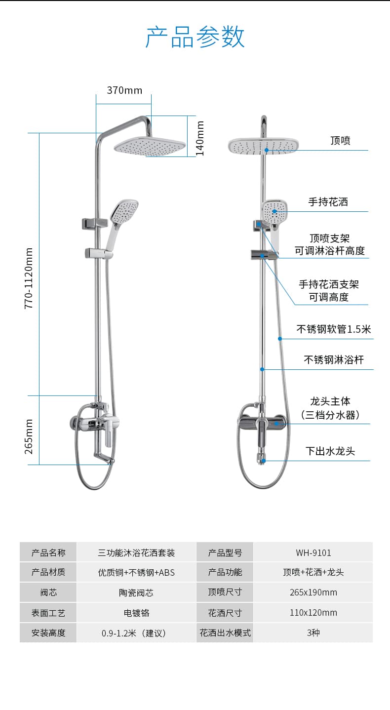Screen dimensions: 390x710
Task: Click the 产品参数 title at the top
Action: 195,37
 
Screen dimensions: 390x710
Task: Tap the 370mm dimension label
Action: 124,90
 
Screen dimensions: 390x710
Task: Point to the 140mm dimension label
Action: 200,139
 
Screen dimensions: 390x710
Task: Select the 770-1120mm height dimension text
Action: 29,278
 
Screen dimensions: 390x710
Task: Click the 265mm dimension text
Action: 29,436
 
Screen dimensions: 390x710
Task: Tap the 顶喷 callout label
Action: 340,140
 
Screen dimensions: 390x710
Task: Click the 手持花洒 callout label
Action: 328,202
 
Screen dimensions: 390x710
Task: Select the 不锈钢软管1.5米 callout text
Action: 334,329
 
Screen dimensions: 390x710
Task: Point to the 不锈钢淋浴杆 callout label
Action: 334,360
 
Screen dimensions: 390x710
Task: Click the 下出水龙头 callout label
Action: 330,451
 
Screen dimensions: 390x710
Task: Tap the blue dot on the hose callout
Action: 280,339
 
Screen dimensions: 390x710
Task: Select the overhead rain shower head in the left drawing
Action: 150,146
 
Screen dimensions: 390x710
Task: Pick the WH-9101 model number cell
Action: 313,553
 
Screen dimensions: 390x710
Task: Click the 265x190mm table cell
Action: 313,592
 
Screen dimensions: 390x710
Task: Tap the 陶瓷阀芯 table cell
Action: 136,592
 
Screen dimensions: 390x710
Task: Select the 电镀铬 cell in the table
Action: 136,613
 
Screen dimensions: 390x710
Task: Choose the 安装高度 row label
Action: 48,633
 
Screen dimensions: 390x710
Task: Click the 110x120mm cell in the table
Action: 313,613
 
